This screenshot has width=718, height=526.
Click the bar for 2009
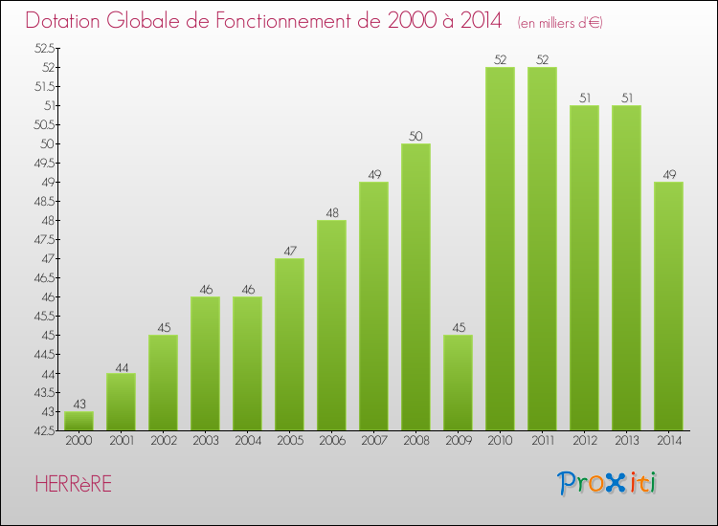(x=458, y=383)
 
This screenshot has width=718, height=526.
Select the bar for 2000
(x=79, y=421)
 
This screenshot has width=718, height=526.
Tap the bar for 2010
(x=500, y=249)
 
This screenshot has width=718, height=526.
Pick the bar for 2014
(x=668, y=306)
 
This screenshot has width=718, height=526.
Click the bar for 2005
(x=289, y=344)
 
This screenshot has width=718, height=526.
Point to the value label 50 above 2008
(x=415, y=136)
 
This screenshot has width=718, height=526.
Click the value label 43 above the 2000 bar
(x=79, y=404)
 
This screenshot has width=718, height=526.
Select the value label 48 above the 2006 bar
(x=331, y=212)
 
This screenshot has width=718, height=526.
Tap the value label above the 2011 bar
(x=542, y=59)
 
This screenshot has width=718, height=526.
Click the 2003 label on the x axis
(x=205, y=442)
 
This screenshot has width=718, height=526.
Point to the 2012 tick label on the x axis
(x=584, y=442)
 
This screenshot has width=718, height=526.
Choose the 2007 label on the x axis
(x=373, y=442)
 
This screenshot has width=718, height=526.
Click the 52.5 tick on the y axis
(x=44, y=48)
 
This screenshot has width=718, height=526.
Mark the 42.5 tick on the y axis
(x=44, y=430)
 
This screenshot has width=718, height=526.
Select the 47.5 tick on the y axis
(x=44, y=239)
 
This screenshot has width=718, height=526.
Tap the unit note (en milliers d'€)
(x=559, y=22)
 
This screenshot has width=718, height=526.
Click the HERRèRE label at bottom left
(x=72, y=484)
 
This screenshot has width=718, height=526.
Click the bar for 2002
(x=163, y=383)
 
